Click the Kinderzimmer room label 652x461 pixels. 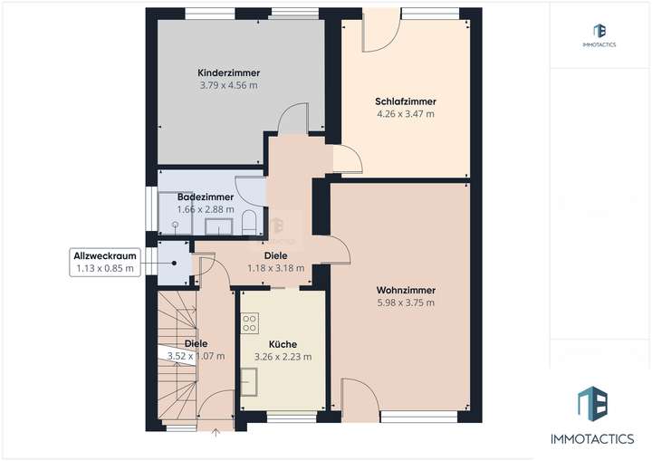click(229, 72)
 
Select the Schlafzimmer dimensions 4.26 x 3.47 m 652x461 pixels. click(405, 114)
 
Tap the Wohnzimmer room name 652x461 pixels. click(406, 290)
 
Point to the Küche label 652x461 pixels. click(283, 344)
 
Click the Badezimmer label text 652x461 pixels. click(206, 197)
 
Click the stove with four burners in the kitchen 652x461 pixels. click(251, 322)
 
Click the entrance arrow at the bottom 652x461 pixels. click(215, 433)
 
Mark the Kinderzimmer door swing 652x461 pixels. click(294, 118)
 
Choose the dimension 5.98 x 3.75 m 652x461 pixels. click(406, 303)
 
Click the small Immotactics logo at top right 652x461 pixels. click(599, 35)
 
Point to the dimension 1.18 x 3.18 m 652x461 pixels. click(276, 268)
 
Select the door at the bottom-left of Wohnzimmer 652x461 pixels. click(354, 399)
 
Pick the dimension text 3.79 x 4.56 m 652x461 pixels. click(229, 85)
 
